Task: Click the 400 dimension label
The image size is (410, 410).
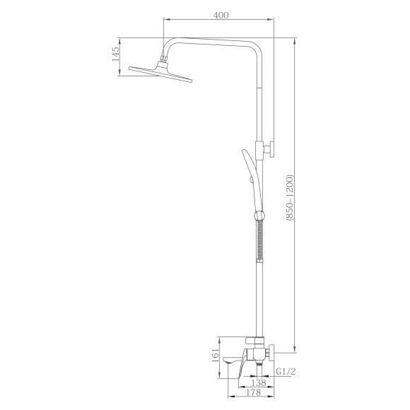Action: pyautogui.click(x=221, y=16)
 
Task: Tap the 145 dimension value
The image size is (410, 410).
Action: pyautogui.click(x=115, y=54)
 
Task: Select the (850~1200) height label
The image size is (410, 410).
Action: pyautogui.click(x=290, y=198)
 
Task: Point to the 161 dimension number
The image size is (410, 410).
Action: pyautogui.click(x=215, y=356)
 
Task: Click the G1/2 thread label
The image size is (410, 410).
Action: pyautogui.click(x=286, y=371)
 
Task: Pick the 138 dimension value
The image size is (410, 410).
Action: pyautogui.click(x=259, y=382)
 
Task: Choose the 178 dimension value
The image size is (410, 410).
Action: pyautogui.click(x=253, y=392)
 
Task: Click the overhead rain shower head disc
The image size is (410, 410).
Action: pyautogui.click(x=160, y=74)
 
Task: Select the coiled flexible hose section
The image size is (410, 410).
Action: pyautogui.click(x=260, y=239)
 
